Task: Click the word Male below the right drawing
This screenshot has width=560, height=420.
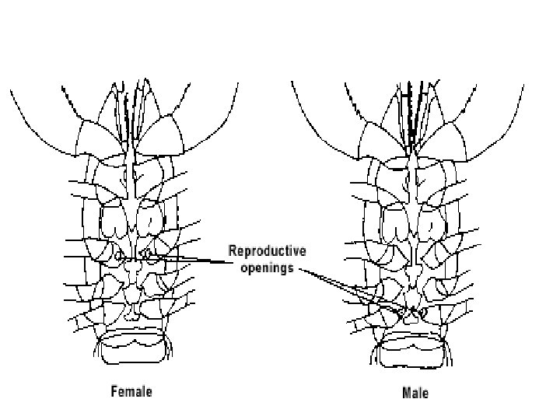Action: pos(415,392)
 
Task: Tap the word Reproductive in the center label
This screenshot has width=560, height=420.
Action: pos(267,250)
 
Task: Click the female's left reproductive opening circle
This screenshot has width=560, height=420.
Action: pos(120,254)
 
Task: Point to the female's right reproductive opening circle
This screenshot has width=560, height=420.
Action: pos(147,254)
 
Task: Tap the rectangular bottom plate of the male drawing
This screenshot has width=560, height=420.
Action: pos(415,348)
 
